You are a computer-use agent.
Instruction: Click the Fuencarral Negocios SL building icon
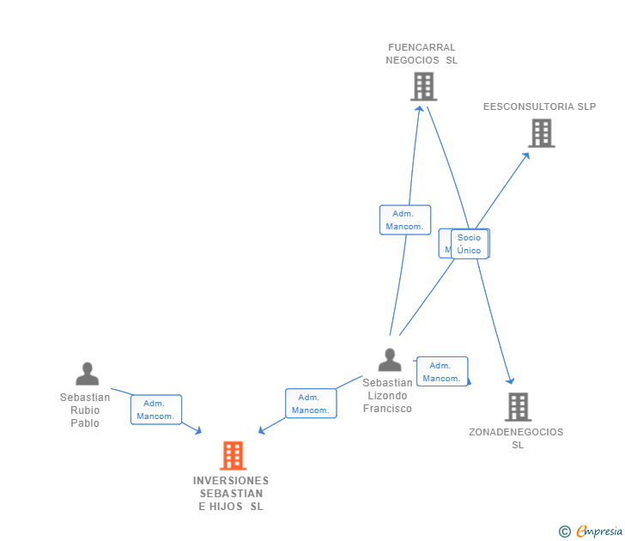(423, 87)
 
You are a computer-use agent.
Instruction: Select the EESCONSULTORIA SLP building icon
(541, 133)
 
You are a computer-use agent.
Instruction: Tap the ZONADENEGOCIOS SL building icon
(518, 406)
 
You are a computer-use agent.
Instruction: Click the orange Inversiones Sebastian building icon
(233, 455)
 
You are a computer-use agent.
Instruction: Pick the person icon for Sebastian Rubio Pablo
(87, 374)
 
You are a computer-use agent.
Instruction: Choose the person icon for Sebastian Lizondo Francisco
(390, 360)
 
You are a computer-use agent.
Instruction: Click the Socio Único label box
(470, 244)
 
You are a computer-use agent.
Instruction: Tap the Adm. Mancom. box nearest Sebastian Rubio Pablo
(155, 410)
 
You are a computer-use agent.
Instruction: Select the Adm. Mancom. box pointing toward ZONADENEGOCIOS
(442, 372)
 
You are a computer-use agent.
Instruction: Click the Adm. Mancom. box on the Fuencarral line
(405, 220)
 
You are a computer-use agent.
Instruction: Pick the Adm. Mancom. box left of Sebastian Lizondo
(310, 404)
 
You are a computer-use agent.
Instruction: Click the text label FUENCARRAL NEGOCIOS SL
(422, 54)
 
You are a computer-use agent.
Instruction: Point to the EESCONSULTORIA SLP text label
(539, 107)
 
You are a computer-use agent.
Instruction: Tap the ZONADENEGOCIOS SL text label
(517, 438)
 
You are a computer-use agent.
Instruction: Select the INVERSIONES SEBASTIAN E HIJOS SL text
(231, 493)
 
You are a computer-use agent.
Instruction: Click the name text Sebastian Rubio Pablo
(85, 410)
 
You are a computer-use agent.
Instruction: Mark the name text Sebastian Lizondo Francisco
(387, 396)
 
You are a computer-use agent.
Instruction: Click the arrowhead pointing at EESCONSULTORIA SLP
(526, 155)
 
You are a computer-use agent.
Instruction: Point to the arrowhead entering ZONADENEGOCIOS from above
(511, 380)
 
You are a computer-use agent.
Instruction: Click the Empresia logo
(592, 532)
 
